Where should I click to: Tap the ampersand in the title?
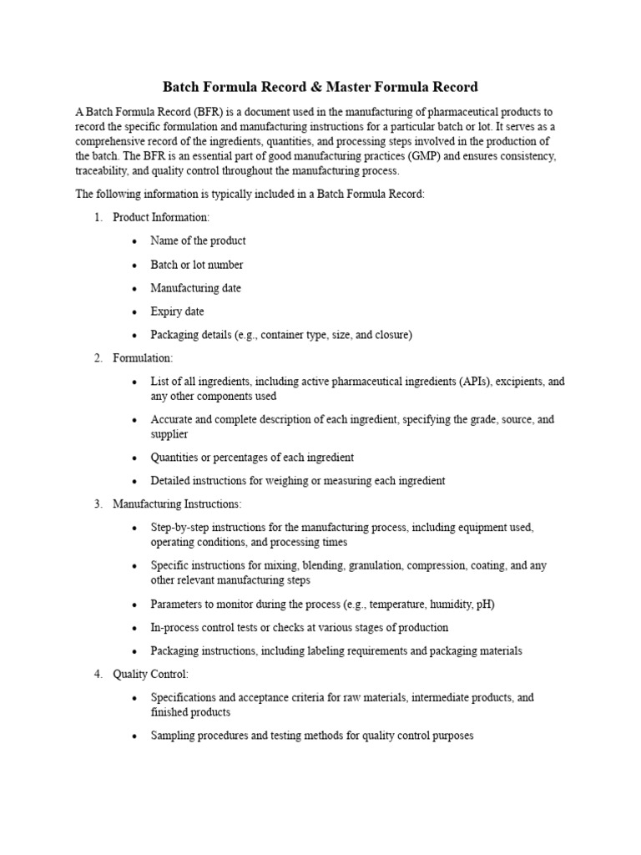pos(321,86)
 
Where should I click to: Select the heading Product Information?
pos(161,217)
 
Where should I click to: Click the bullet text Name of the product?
pos(198,240)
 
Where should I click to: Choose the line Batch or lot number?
pos(197,265)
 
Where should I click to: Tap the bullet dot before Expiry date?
pos(134,312)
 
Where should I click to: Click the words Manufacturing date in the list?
pos(195,288)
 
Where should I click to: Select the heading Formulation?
pos(143,358)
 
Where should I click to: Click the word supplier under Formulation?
pos(169,434)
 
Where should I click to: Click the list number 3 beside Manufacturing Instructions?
pos(98,504)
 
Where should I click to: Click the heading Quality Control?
pos(150,674)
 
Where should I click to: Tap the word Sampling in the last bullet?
pos(173,736)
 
